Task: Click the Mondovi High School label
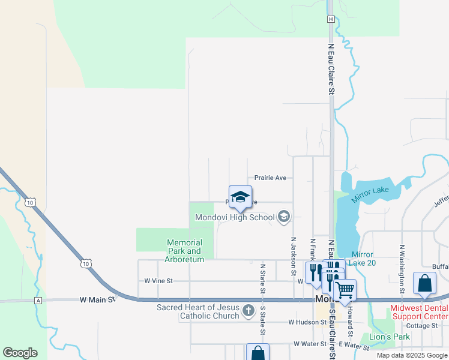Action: tap(234, 217)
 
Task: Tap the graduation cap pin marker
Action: tap(240, 197)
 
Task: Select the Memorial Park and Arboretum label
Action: tap(185, 251)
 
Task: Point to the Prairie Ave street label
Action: tap(270, 178)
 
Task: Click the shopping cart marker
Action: tap(345, 291)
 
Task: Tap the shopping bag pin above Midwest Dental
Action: tap(424, 284)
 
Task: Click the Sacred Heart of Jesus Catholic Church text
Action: tap(198, 311)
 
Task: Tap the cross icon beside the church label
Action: tap(249, 311)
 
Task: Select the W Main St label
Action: tap(97, 299)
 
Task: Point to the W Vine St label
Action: tap(158, 280)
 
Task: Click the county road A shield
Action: tap(38, 300)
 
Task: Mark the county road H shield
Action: tap(330, 19)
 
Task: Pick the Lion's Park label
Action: tap(390, 337)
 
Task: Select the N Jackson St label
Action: tap(293, 256)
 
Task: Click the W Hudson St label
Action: tap(307, 322)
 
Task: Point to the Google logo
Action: tap(20, 352)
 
